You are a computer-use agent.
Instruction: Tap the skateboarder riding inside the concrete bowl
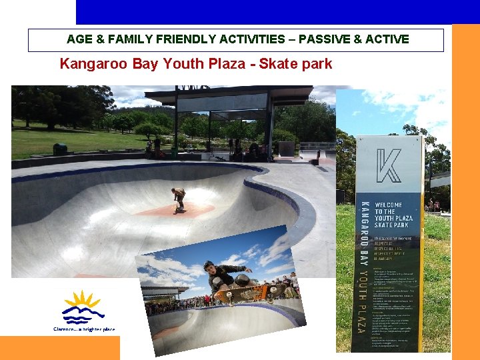point(178,199)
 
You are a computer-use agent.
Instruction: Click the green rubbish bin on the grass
point(60,149)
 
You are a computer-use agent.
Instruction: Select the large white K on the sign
point(389,166)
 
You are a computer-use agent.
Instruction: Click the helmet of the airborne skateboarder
point(209,265)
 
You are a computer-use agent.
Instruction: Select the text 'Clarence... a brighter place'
point(84,329)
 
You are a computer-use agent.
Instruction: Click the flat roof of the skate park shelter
point(227,94)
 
